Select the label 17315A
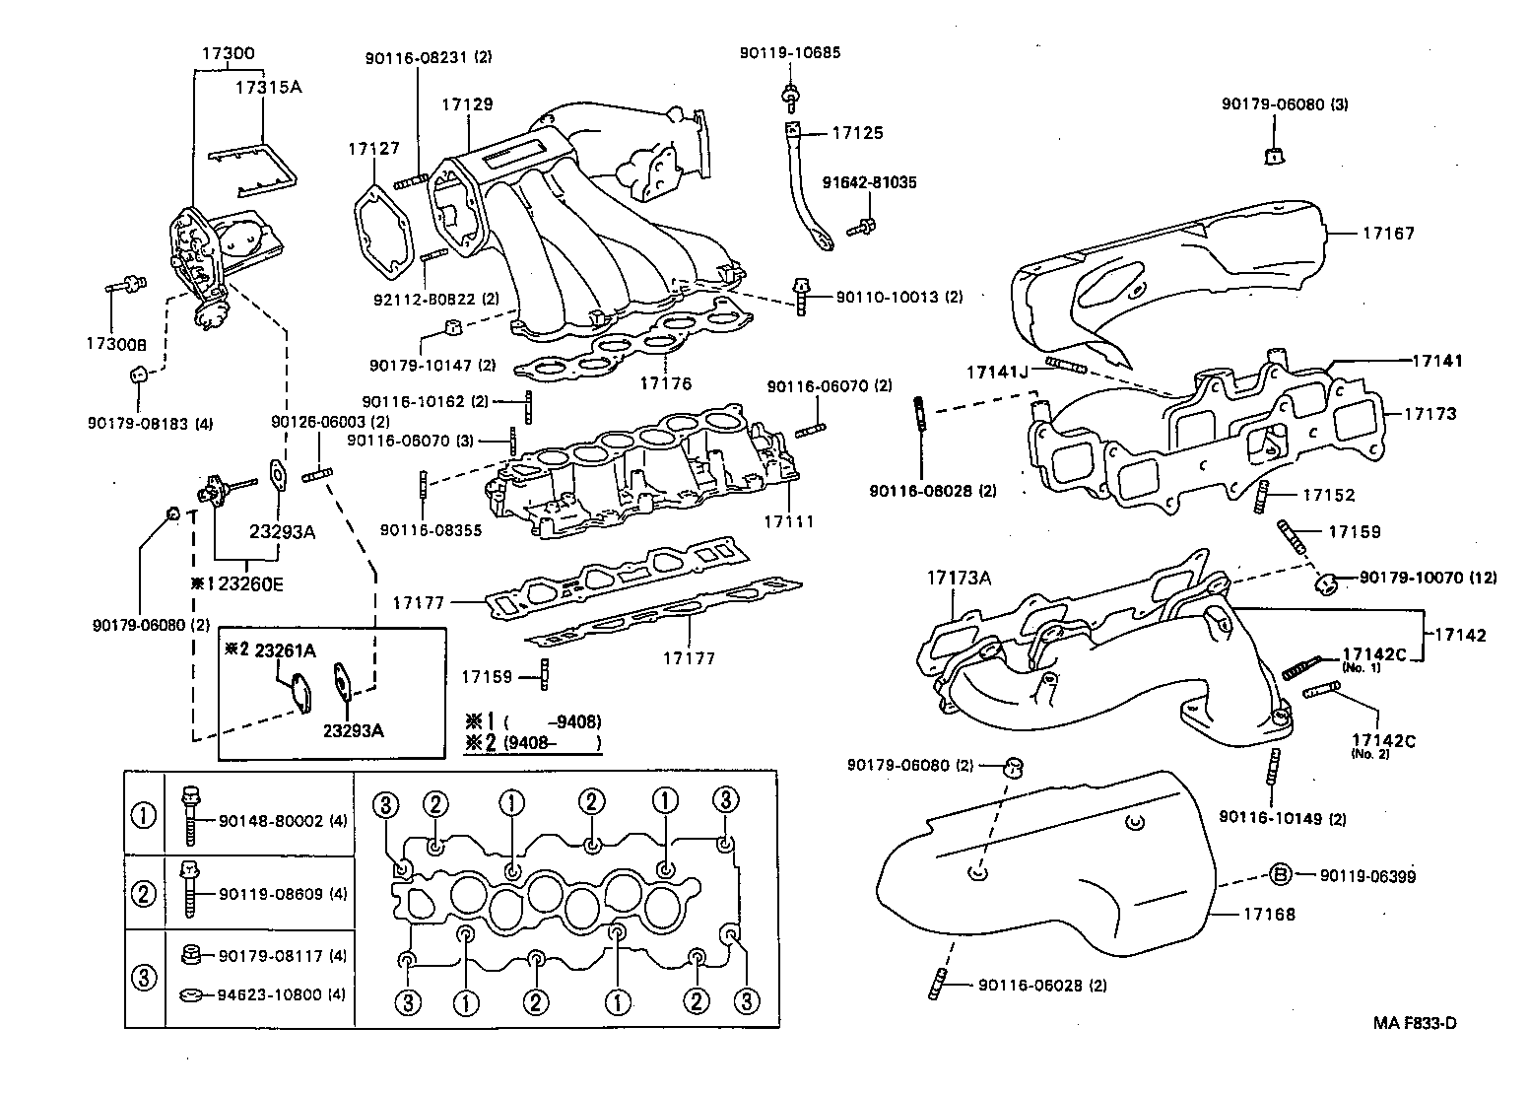point(268,87)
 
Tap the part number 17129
point(467,103)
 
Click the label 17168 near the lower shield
point(1269,914)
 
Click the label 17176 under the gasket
point(666,383)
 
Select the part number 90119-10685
point(790,53)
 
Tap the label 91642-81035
point(870,182)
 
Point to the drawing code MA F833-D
point(1415,1022)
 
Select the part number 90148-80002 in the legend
point(270,820)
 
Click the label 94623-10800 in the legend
point(270,994)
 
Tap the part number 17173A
point(958,578)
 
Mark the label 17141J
point(996,372)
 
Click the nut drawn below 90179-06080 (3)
point(1272,154)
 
